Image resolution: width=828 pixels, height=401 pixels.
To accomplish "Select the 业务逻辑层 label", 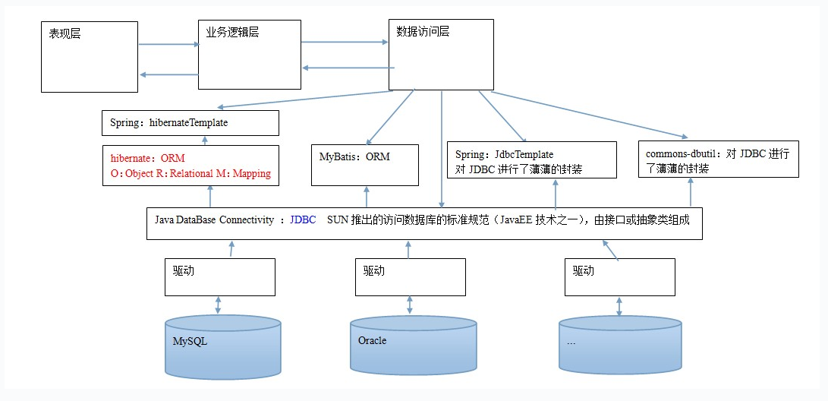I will coord(232,33).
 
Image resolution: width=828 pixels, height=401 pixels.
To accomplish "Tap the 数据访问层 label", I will coord(423,32).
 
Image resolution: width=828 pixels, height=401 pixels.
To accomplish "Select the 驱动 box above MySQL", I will coord(220,276).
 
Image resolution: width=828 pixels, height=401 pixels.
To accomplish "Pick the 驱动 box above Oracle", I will coord(410,276).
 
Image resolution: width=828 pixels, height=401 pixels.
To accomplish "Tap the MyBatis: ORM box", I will coord(365,165).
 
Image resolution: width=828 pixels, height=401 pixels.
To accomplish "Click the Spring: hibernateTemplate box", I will coord(190,123).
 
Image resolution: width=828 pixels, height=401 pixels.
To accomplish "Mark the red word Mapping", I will coord(251,173).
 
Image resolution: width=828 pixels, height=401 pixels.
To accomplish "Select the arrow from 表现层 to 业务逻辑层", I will coord(168,44).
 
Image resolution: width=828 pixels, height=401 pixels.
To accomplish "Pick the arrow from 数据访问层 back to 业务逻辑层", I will coord(345,68).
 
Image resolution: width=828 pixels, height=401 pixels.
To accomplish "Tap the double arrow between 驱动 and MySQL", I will coord(219,305).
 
